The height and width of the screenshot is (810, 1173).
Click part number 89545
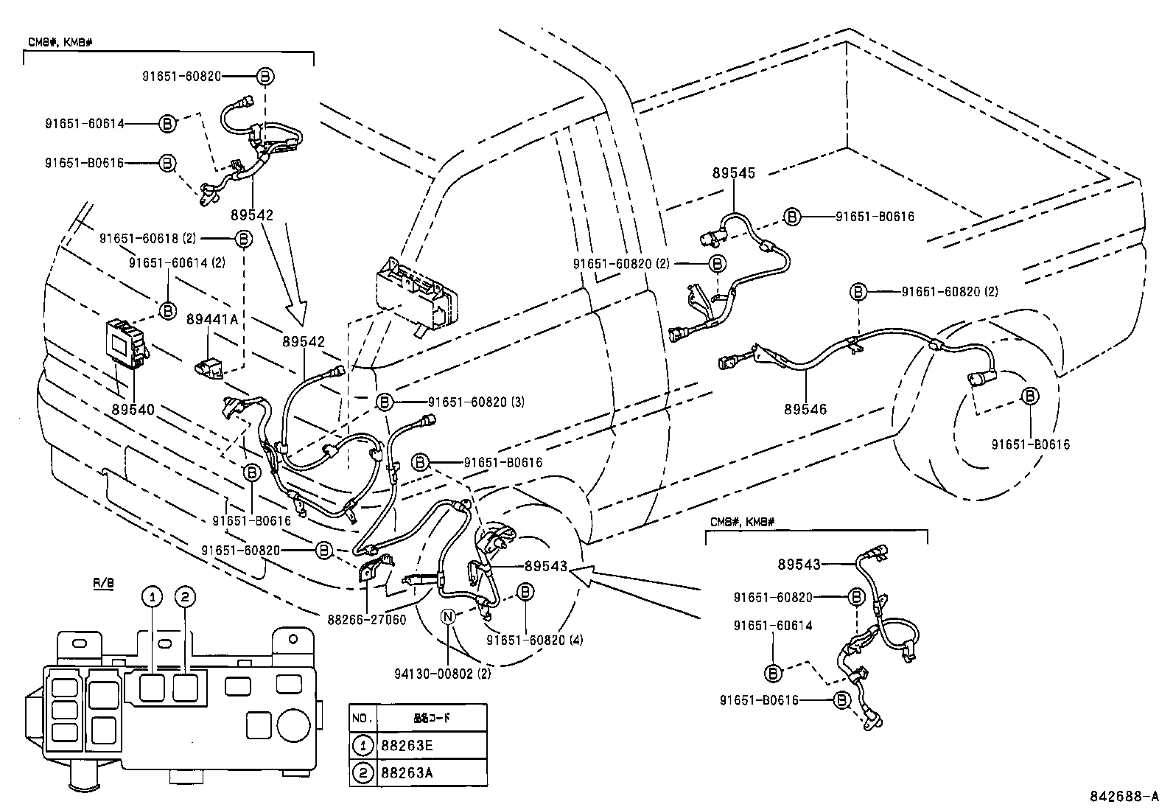click(733, 173)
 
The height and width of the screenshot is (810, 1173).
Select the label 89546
click(805, 409)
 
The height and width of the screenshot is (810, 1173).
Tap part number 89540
click(133, 409)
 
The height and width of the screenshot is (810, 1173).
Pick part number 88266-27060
click(366, 620)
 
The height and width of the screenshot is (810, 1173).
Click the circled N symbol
click(447, 617)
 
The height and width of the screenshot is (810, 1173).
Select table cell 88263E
click(407, 745)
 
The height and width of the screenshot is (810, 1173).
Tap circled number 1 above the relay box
click(152, 598)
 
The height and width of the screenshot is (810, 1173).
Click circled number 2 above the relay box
click(185, 598)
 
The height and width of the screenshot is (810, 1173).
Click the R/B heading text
click(104, 583)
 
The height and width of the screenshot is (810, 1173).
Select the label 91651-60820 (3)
click(476, 402)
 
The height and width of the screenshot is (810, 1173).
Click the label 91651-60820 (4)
click(534, 640)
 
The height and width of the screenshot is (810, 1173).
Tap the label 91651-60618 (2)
click(148, 238)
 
